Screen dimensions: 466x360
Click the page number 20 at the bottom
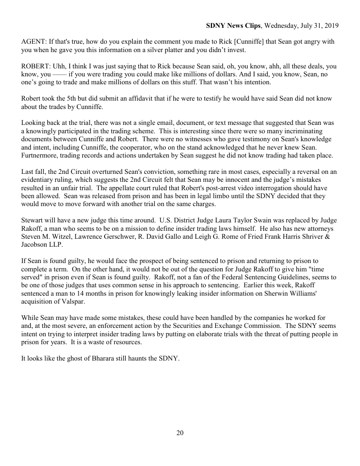[180, 433]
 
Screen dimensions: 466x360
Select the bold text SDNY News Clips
[233, 26]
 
